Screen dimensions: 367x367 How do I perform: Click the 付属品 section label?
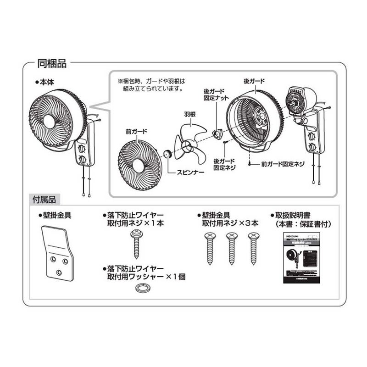(x=44, y=200)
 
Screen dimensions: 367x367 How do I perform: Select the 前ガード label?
(x=136, y=132)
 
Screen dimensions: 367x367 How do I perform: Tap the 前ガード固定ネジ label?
(x=283, y=163)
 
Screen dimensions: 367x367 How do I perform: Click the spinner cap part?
(x=168, y=153)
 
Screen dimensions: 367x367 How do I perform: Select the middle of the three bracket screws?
(x=231, y=248)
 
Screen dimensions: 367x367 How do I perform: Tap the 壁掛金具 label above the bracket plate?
(x=56, y=214)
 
